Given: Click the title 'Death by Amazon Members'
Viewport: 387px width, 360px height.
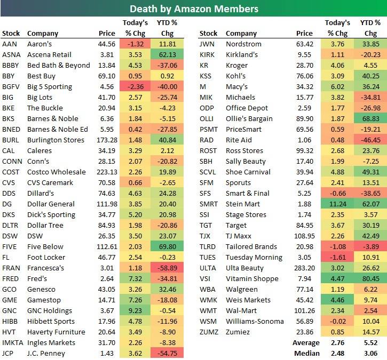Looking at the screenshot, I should point(194,9).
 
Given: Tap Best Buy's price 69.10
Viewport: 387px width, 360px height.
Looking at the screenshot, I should point(107,76).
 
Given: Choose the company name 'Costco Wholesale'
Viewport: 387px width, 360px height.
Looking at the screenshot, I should point(56,172).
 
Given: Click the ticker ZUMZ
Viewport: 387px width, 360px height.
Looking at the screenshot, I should point(209,332).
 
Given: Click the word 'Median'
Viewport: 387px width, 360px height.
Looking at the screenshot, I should point(307,353).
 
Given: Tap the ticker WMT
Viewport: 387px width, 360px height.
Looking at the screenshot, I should point(208,310).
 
